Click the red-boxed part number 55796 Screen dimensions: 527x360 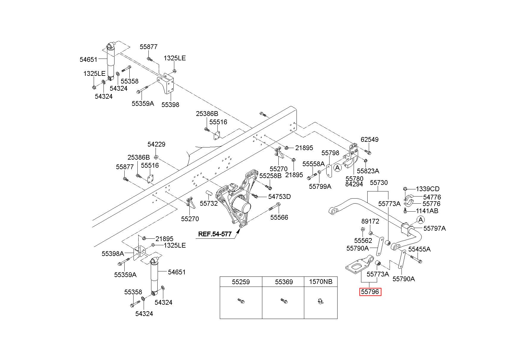(370, 292)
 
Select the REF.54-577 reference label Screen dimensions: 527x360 (215, 234)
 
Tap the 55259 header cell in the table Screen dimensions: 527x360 (241, 282)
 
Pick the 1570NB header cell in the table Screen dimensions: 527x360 (321, 282)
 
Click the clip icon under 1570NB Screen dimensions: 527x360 (320, 302)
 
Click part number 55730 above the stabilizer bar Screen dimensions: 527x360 (379, 183)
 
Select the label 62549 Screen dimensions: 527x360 (369, 139)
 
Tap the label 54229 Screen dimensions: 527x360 (156, 144)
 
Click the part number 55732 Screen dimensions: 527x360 (209, 203)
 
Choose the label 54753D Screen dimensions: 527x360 (280, 196)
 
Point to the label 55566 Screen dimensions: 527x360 (279, 217)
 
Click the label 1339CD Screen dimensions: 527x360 (428, 189)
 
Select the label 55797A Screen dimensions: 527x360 (435, 228)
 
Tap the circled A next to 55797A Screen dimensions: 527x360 (421, 220)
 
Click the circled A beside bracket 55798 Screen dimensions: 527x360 (337, 168)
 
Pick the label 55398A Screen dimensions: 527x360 (113, 254)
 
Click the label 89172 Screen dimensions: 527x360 (370, 221)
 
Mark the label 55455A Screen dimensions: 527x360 (419, 249)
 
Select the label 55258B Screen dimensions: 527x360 (270, 176)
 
